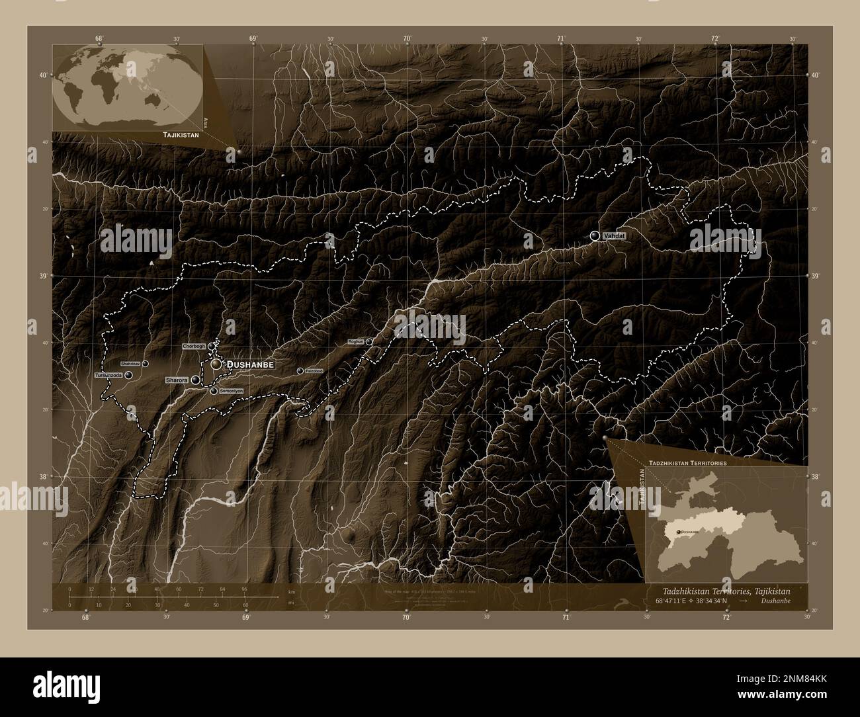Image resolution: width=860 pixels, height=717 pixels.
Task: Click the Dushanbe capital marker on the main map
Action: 216,364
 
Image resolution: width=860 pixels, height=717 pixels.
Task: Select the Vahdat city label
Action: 615,235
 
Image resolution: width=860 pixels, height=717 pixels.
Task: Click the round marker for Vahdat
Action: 595,235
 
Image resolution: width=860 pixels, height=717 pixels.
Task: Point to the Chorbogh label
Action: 194,346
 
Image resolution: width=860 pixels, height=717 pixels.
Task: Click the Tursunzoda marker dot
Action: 128,375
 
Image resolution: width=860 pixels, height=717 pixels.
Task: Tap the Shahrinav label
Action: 130,364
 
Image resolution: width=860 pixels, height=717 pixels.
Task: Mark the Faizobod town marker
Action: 300,371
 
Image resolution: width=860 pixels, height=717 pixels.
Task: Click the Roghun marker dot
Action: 368,341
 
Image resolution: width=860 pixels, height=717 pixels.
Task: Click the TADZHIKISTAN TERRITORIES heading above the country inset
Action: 688,464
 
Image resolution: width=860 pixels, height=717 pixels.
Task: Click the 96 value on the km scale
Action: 244,589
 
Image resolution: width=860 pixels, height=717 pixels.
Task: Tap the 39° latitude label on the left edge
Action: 43,276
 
